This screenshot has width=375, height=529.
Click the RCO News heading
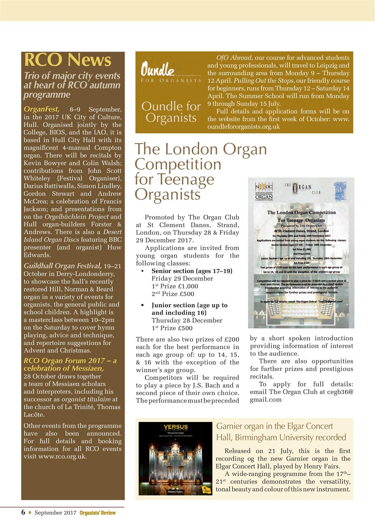(x=67, y=60)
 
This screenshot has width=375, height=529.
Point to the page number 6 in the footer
(x=24, y=512)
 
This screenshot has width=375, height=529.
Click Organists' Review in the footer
(x=98, y=513)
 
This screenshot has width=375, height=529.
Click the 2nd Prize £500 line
(x=173, y=294)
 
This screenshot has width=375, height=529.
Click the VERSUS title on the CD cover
(x=176, y=427)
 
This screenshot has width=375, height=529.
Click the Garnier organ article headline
(x=281, y=431)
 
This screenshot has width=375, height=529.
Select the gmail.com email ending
(x=266, y=400)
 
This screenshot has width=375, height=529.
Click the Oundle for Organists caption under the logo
(x=171, y=112)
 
